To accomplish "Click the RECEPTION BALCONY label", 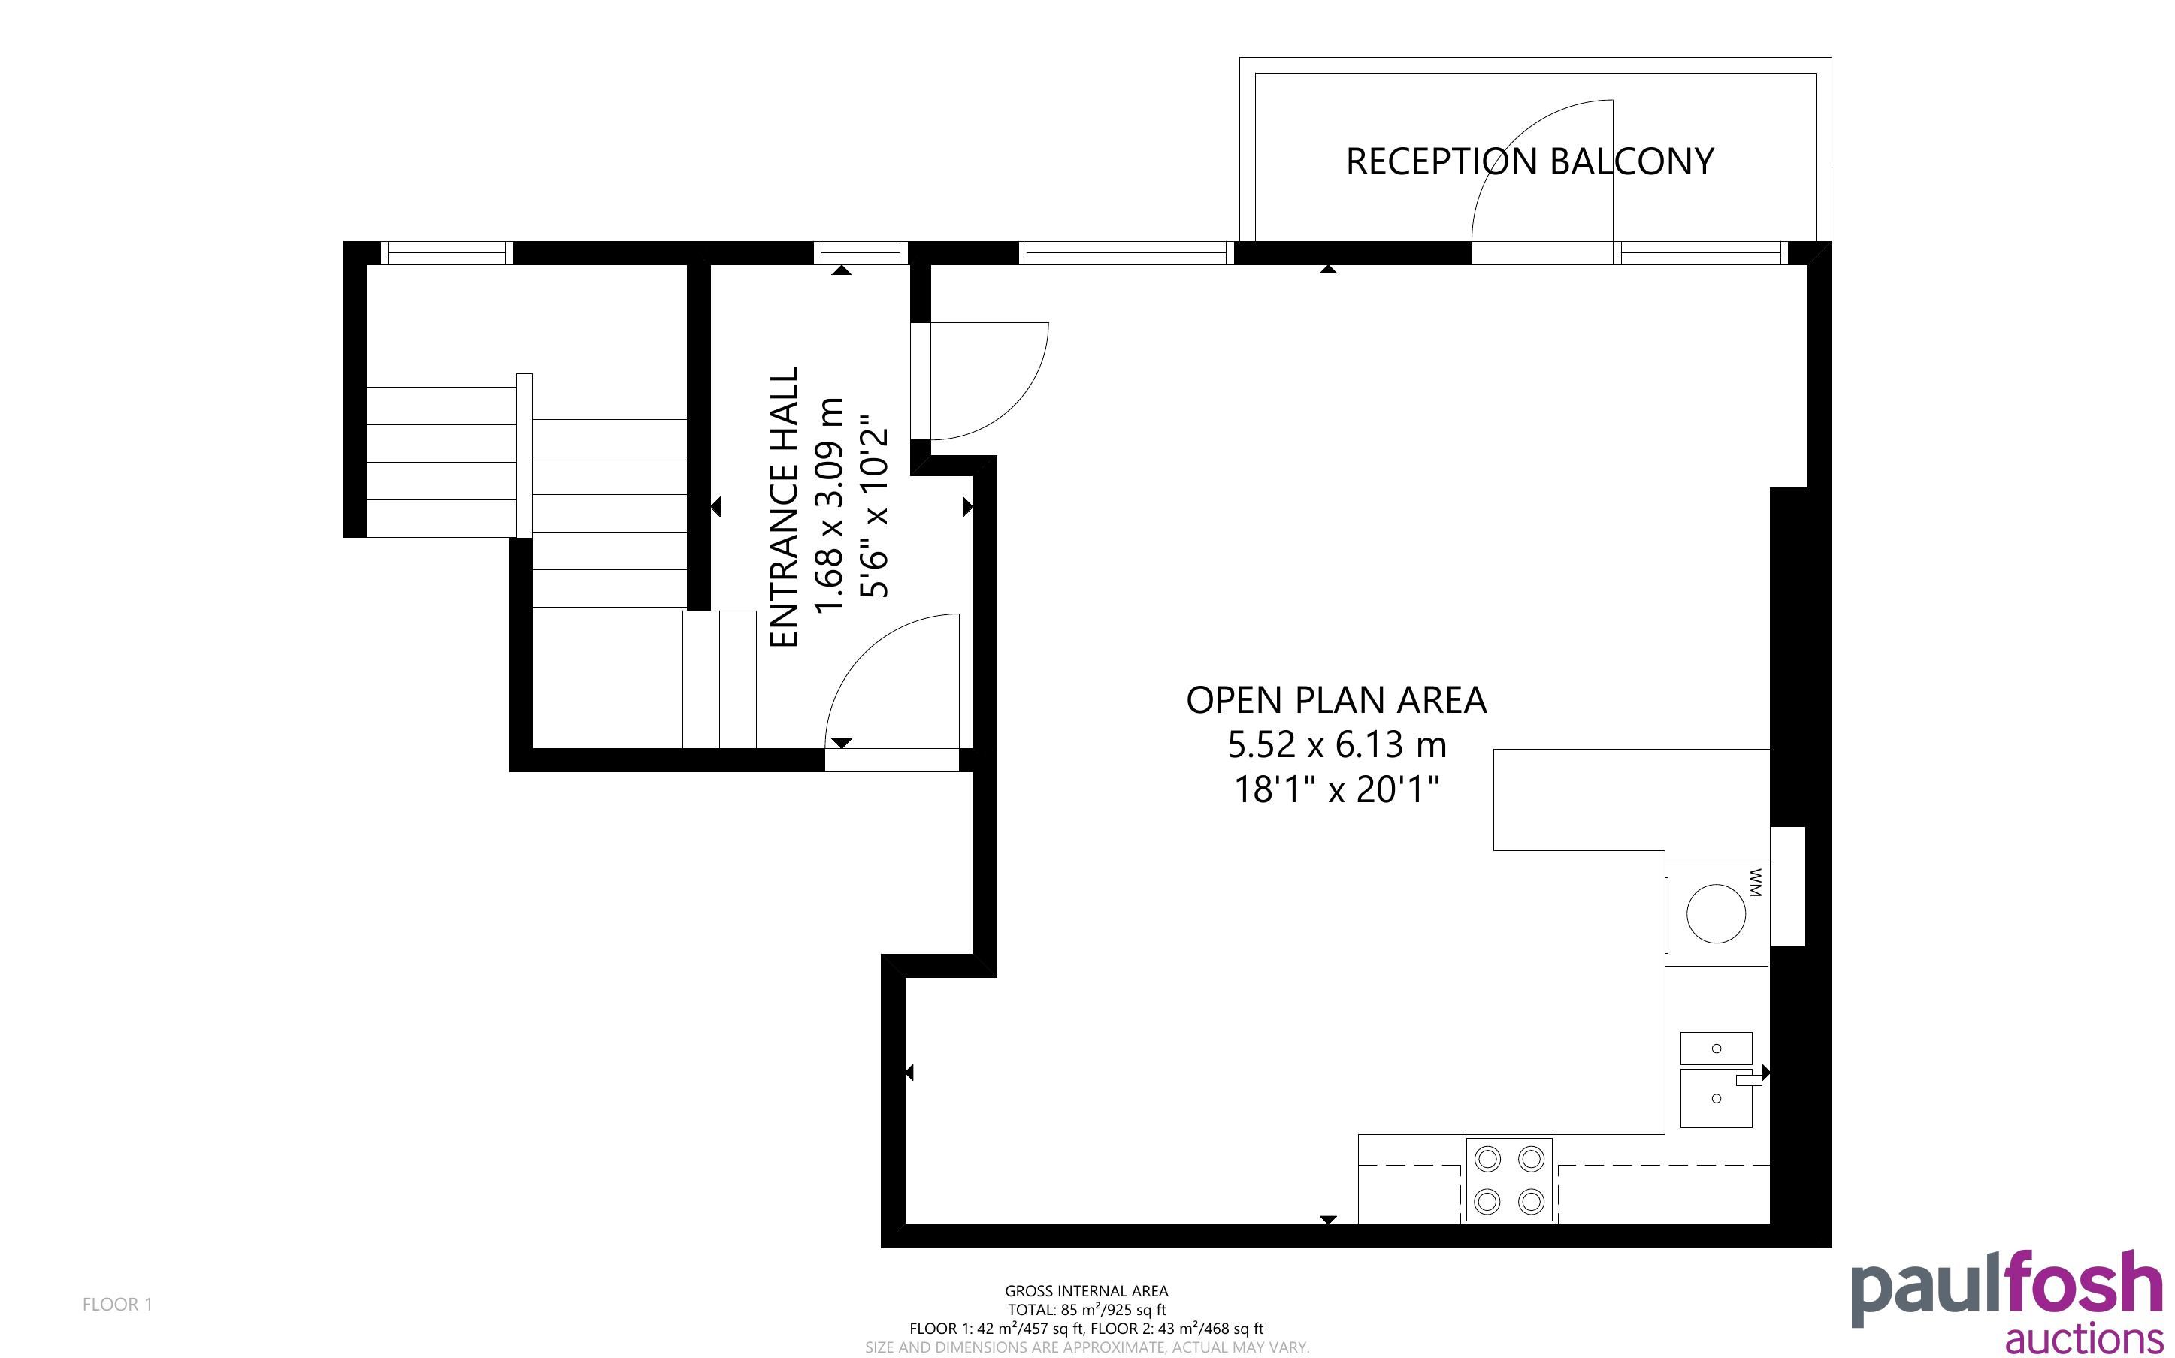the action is tap(1529, 161).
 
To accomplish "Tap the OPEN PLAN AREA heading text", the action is tap(1336, 701).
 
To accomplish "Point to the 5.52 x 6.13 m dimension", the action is tap(1337, 744).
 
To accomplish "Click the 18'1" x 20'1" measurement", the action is tap(1336, 789).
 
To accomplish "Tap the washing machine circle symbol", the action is tap(1716, 913).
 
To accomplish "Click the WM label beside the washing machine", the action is tap(1757, 882).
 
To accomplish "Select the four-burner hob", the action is tap(1509, 1179).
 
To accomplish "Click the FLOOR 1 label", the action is tap(118, 1304).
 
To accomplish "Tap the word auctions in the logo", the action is tap(2084, 1337).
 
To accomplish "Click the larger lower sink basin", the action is tap(1716, 1097).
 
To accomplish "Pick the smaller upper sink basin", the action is tap(1716, 1048).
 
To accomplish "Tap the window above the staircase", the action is tap(446, 253).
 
